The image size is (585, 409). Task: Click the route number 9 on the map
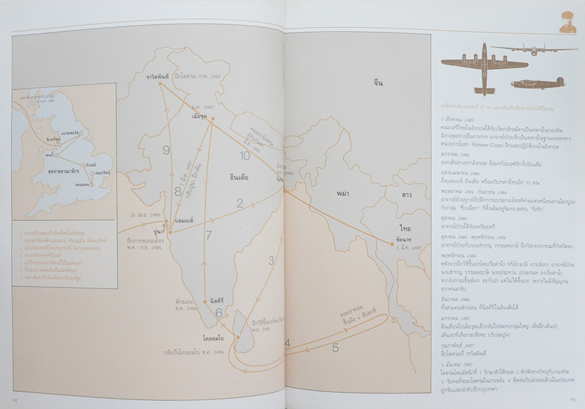coord(166,150)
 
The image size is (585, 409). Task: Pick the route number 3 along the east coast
coord(271,260)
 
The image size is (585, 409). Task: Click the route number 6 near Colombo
coord(218,312)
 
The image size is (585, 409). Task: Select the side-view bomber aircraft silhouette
coord(537,84)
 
